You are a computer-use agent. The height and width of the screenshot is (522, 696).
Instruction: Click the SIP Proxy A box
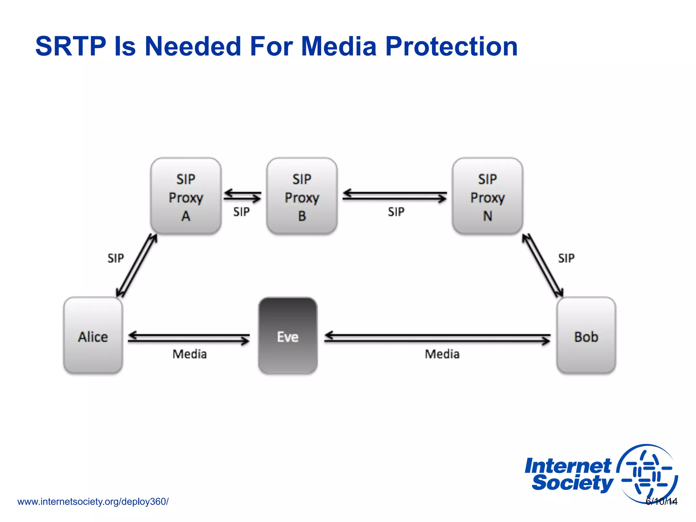pyautogui.click(x=186, y=196)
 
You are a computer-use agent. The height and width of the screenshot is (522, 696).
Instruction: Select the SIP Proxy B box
pyautogui.click(x=302, y=196)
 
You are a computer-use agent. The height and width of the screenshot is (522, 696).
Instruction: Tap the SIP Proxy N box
pyautogui.click(x=487, y=196)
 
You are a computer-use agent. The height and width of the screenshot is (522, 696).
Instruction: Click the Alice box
pyautogui.click(x=93, y=335)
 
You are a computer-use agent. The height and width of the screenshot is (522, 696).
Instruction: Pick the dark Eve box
pyautogui.click(x=288, y=335)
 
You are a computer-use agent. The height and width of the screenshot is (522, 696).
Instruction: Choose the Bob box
pyautogui.click(x=586, y=335)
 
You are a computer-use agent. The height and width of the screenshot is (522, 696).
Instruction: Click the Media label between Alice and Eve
pyautogui.click(x=190, y=354)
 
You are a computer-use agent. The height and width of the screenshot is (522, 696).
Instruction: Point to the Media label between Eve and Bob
pyautogui.click(x=442, y=354)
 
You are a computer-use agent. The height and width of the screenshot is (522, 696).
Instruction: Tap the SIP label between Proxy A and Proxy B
pyautogui.click(x=241, y=212)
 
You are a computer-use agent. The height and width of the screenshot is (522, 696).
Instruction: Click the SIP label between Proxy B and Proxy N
pyautogui.click(x=396, y=212)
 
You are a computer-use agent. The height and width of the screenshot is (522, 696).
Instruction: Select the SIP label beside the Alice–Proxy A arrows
pyautogui.click(x=116, y=258)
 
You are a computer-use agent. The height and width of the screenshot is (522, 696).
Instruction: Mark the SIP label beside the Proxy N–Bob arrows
pyautogui.click(x=566, y=258)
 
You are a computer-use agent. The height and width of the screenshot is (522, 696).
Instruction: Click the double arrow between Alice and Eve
pyautogui.click(x=189, y=338)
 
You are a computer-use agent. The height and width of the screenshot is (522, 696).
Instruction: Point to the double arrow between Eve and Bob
pyautogui.click(x=437, y=338)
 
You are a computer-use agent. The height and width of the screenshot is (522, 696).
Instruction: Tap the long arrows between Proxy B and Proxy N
pyautogui.click(x=395, y=195)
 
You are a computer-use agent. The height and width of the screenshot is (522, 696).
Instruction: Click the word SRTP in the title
pyautogui.click(x=71, y=46)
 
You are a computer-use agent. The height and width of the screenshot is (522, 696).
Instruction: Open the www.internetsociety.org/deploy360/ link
pyautogui.click(x=93, y=502)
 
